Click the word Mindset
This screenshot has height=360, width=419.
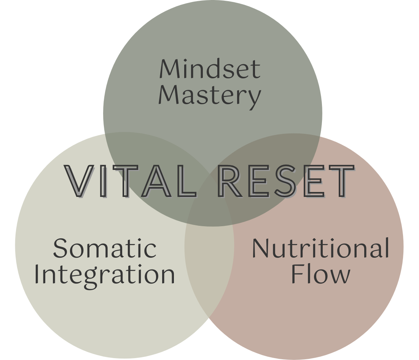pos(210,69)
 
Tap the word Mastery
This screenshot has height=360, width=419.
pos(210,96)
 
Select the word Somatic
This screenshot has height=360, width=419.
pos(105,248)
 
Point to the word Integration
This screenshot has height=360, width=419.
pos(105,274)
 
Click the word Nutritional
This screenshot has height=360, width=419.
pos(320,248)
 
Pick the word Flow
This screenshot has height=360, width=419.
pos(320,274)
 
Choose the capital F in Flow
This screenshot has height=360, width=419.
pos(298,274)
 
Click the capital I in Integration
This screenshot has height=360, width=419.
pos(37,274)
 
